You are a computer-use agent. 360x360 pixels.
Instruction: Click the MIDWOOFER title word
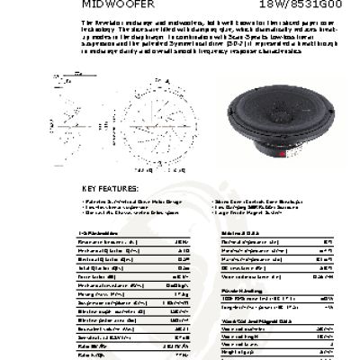coord(107,4)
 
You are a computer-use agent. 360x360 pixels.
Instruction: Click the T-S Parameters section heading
coord(101,232)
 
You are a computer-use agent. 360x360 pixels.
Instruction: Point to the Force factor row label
coord(96,277)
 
